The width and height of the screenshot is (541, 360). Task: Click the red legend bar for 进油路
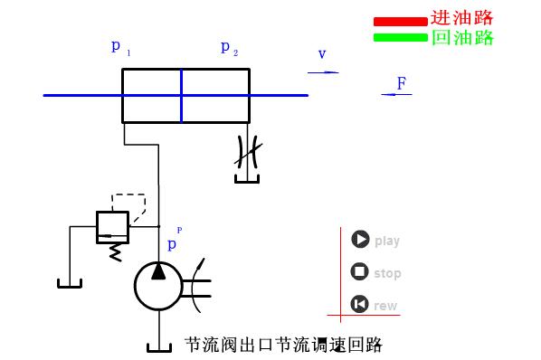point(399,20)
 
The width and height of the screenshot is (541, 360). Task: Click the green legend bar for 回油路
point(399,37)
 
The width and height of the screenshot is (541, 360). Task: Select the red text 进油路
point(461,18)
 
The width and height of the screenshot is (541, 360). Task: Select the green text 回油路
point(461,37)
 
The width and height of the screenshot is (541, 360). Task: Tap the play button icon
point(360,240)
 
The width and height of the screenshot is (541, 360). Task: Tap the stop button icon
point(359,272)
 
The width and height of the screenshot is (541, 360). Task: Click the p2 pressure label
point(228,47)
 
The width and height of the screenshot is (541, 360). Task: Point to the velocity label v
point(321,54)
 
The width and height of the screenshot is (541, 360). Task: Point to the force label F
point(401,84)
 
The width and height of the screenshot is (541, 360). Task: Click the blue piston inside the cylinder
point(181,94)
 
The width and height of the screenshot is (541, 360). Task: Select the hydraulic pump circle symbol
point(158,285)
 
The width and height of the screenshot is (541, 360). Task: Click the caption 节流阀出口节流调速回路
point(283,345)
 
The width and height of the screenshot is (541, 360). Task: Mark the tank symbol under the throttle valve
point(246,179)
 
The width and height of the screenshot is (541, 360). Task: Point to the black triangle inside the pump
point(158,272)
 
